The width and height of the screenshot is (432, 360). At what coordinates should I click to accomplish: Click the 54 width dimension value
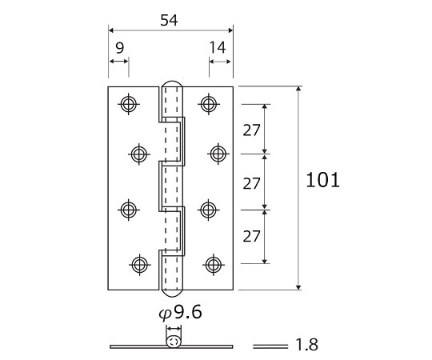(x=169, y=20)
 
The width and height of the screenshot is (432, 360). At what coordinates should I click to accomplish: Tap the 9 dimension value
(x=119, y=48)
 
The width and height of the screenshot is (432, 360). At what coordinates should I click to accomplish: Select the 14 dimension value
(x=218, y=47)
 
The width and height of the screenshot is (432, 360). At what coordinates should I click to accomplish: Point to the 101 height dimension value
(x=323, y=180)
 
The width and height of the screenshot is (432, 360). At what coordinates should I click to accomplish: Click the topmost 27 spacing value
(x=251, y=130)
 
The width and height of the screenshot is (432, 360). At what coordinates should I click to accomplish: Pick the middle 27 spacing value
(x=251, y=183)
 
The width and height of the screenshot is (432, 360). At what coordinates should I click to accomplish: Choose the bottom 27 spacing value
(x=251, y=236)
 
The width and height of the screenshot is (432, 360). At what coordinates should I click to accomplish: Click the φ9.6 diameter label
(x=181, y=313)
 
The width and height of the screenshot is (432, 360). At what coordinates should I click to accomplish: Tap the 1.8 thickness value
(x=306, y=345)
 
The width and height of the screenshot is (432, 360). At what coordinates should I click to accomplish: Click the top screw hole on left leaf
(x=129, y=104)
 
